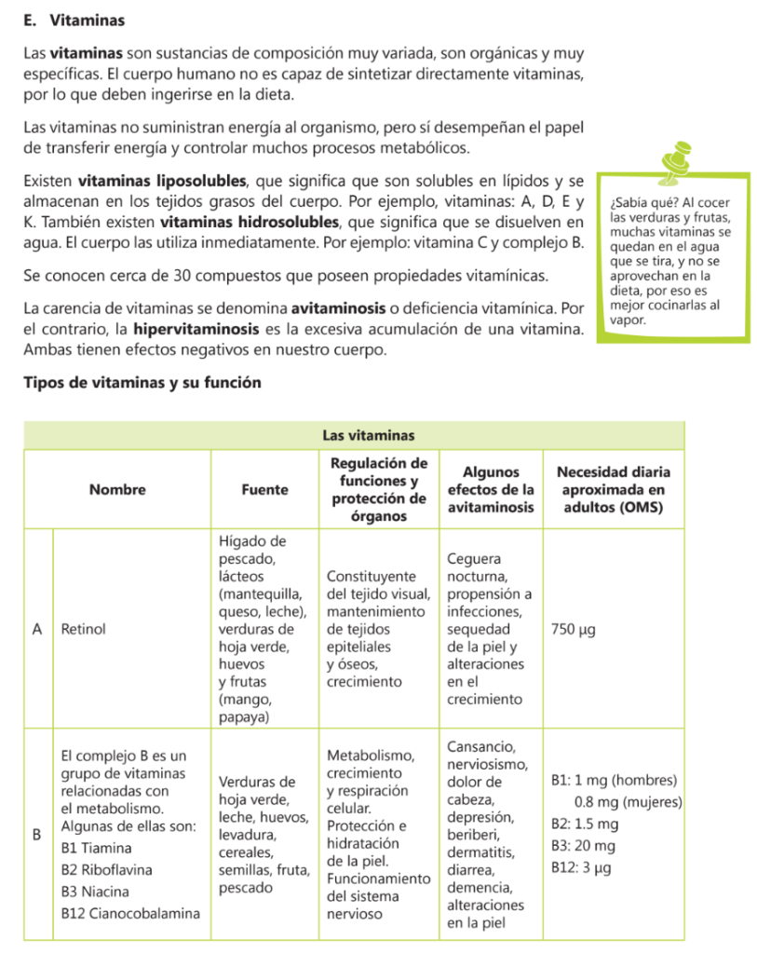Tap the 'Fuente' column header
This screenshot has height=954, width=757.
coord(264,489)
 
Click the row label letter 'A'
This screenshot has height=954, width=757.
coord(36,629)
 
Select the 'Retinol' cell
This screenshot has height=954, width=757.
coord(83,629)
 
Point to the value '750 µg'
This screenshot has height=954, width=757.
coord(574,629)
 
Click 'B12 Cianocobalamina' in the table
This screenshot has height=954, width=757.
coord(129,914)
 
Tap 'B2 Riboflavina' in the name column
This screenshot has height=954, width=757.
coord(106,869)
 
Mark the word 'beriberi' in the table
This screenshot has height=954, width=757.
coord(474,834)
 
